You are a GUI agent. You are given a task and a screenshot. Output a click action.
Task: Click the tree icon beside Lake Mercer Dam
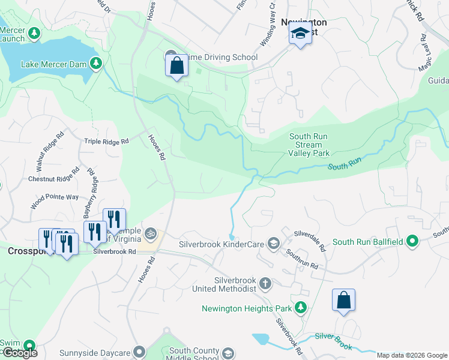coord(95,63)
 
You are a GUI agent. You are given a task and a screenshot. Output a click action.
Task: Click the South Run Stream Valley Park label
coord(309,145)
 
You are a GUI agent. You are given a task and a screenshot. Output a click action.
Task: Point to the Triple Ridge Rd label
coord(106,142)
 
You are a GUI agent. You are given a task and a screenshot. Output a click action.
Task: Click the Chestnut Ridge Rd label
coord(53,179)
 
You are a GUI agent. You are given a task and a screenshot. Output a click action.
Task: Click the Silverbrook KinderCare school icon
coord(274,244)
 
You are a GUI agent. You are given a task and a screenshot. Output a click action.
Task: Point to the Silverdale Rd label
coord(309,240)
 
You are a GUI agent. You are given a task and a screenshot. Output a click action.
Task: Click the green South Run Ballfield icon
coord(412,242)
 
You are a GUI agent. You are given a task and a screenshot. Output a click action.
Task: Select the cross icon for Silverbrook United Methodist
coord(265,283)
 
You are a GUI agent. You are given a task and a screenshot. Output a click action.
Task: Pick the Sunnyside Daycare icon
coord(139,351)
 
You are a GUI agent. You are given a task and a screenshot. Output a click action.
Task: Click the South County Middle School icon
coord(227,353)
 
